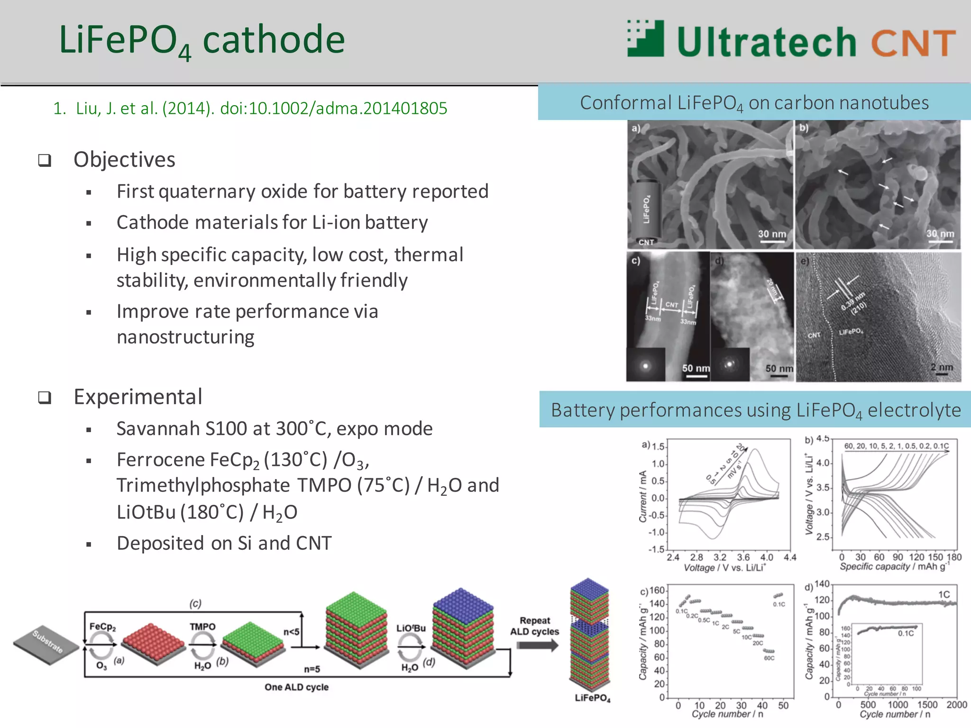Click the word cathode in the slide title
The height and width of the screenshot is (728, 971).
274,40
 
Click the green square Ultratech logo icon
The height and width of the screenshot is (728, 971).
645,38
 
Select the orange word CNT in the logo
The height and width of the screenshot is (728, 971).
913,43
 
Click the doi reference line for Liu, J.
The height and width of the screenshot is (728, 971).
250,108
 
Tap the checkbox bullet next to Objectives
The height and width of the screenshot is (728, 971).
45,160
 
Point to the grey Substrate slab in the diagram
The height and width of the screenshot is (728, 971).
46,644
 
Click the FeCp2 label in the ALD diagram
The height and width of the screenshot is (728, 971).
102,627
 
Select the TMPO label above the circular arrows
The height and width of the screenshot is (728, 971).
202,627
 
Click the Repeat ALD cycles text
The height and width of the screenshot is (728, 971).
534,626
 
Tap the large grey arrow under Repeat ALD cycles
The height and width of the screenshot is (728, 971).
537,645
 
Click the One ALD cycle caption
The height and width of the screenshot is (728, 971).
296,687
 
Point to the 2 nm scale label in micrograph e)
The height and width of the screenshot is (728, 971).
941,367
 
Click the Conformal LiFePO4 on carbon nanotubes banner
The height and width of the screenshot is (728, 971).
754,103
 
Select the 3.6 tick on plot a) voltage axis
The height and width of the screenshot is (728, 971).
743,557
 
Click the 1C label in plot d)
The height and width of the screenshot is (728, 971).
944,594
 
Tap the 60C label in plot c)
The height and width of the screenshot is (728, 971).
769,658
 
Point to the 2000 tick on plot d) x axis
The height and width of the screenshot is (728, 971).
956,705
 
